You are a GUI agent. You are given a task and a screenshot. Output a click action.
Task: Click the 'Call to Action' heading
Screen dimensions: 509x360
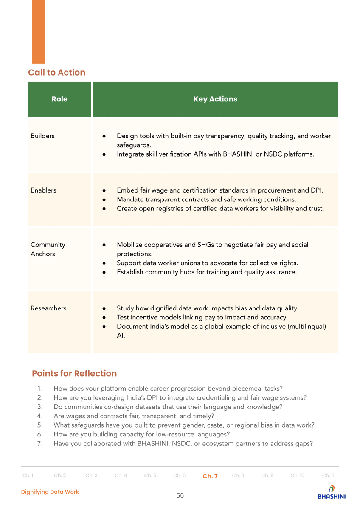tap(56, 73)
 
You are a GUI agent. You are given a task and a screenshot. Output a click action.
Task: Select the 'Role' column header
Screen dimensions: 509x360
tap(59, 99)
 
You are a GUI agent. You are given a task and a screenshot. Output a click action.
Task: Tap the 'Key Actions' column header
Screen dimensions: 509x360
tap(215, 99)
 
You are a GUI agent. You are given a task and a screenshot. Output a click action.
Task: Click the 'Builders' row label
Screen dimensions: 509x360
tap(42, 136)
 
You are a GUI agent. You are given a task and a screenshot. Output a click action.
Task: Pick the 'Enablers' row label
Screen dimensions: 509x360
tap(43, 190)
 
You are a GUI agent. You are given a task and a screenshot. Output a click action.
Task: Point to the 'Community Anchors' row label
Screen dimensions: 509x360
tap(48, 249)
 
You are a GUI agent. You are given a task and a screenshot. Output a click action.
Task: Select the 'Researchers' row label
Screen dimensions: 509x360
tap(48, 308)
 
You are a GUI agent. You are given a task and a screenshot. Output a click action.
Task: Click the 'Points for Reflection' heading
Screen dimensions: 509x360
tap(74, 374)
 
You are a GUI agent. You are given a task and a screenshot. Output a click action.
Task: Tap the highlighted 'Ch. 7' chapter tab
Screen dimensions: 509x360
tap(210, 476)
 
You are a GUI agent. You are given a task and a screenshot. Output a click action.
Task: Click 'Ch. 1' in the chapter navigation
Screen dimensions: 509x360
tap(28, 475)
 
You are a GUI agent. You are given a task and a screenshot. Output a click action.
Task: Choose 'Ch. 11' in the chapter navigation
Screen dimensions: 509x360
tap(328, 475)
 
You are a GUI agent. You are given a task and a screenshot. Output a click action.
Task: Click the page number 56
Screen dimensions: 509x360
tap(180, 495)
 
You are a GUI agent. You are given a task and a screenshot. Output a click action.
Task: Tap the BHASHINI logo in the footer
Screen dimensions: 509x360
tap(332, 492)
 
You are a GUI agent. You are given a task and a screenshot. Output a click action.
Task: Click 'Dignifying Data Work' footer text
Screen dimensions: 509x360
tap(50, 492)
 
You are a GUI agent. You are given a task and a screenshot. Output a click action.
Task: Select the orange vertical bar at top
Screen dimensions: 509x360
tap(38, 32)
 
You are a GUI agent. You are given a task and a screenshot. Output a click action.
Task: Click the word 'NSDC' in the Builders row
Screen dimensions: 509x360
tap(274, 154)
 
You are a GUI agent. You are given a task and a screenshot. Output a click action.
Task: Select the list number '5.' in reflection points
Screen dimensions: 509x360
tap(40, 425)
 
